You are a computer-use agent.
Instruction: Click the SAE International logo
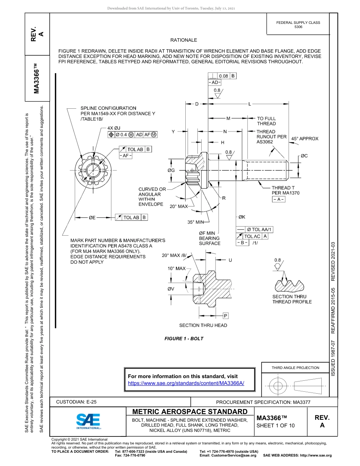(x=88, y=421)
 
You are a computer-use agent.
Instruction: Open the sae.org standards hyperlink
(x=186, y=383)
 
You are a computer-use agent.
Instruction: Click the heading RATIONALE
(x=183, y=40)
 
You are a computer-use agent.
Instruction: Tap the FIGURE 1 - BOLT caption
(x=184, y=338)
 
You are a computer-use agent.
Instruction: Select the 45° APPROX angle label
(x=305, y=139)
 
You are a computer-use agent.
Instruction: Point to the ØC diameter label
(x=304, y=156)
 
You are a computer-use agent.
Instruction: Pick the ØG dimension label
(x=171, y=170)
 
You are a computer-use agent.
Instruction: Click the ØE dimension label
(x=92, y=217)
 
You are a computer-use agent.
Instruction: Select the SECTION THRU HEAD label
(x=203, y=325)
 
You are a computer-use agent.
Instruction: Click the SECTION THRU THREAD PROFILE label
(x=292, y=299)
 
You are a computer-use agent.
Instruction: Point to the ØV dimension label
(x=171, y=289)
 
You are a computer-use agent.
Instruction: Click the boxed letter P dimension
(x=225, y=315)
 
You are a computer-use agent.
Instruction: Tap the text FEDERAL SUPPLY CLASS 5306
(x=298, y=25)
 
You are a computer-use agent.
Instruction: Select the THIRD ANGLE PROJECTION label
(x=295, y=367)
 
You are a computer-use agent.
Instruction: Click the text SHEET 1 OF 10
(x=275, y=425)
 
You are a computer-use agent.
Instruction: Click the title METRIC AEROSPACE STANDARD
(x=189, y=412)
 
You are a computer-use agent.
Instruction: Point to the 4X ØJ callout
(x=114, y=128)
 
